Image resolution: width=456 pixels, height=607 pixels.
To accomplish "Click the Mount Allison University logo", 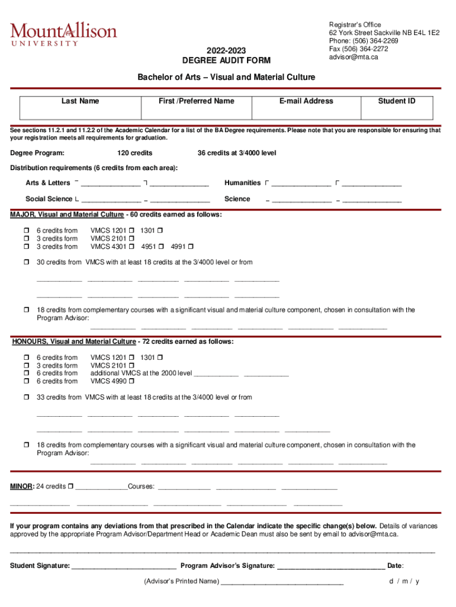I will coord(63,34).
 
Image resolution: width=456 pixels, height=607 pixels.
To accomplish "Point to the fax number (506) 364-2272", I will coord(359,49).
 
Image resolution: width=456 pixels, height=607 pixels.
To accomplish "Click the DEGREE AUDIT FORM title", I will coord(226,60).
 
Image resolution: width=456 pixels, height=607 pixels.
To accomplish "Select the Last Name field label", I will coord(81,101).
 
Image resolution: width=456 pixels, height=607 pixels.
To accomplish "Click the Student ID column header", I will coord(397,101).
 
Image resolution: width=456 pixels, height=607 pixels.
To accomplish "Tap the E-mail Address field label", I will coord(306,101).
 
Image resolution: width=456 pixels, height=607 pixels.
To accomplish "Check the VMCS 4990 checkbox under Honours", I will coord(130,381).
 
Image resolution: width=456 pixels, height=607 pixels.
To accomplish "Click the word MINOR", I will coord(21,487).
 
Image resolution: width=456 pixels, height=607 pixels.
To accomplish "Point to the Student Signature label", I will coord(40,566).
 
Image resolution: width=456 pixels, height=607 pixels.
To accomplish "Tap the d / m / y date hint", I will coord(404,582).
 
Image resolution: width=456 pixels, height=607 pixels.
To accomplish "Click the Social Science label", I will coord(49,199).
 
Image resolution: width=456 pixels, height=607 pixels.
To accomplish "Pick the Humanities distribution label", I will coord(242,183).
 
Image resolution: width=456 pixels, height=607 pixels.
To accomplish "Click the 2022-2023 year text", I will coord(226,50).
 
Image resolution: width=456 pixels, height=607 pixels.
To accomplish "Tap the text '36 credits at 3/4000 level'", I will coord(237,154).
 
